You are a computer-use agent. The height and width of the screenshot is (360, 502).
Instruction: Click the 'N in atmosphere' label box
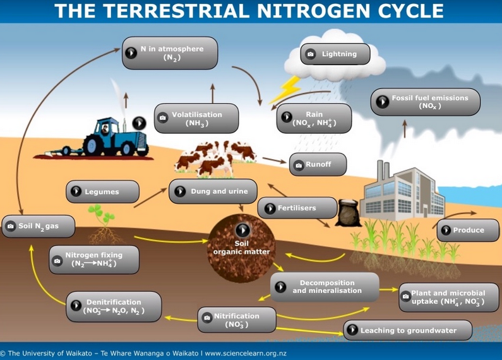click(170, 53)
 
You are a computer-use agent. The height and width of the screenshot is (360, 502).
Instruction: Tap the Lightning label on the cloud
click(335, 54)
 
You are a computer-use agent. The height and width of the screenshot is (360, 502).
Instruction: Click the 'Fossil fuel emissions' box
click(426, 102)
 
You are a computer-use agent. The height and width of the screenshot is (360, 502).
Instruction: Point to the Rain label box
click(314, 118)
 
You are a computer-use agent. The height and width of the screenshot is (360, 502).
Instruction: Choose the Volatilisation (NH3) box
click(196, 118)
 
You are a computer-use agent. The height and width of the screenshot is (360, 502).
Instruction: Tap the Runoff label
click(318, 164)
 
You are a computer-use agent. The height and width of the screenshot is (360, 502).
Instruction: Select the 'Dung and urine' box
click(213, 191)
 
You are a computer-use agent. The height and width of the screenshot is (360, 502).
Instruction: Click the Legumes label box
click(102, 191)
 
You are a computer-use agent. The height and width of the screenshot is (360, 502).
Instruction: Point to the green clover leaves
click(102, 213)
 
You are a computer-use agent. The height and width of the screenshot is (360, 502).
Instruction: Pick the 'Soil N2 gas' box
click(39, 226)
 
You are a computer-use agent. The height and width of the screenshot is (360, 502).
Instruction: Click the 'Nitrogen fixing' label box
click(94, 260)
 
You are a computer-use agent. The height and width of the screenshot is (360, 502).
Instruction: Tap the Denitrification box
click(114, 306)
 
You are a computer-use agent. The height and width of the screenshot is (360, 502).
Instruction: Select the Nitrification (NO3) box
click(237, 320)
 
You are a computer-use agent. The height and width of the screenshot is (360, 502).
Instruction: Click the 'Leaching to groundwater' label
click(407, 330)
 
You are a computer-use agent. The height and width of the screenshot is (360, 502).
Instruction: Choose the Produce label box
click(468, 230)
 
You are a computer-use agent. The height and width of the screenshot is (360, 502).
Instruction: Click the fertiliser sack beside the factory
click(347, 213)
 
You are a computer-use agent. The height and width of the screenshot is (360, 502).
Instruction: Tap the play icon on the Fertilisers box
click(270, 208)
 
